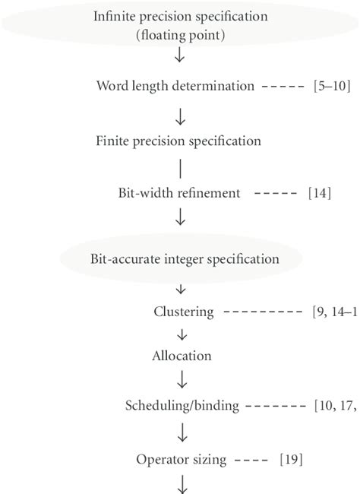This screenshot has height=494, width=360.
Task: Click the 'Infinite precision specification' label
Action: pos(180,17)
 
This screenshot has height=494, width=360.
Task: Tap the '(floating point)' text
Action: pos(180,34)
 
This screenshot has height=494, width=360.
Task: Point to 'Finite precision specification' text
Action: pos(179,141)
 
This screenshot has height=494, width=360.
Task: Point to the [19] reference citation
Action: pos(292,459)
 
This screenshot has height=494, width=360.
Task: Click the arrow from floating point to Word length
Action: pos(180,58)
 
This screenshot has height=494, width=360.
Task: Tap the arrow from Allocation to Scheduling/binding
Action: pos(181,379)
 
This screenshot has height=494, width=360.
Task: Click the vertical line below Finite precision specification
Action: pos(180,167)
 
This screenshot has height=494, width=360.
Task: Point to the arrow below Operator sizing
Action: pos(181,484)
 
